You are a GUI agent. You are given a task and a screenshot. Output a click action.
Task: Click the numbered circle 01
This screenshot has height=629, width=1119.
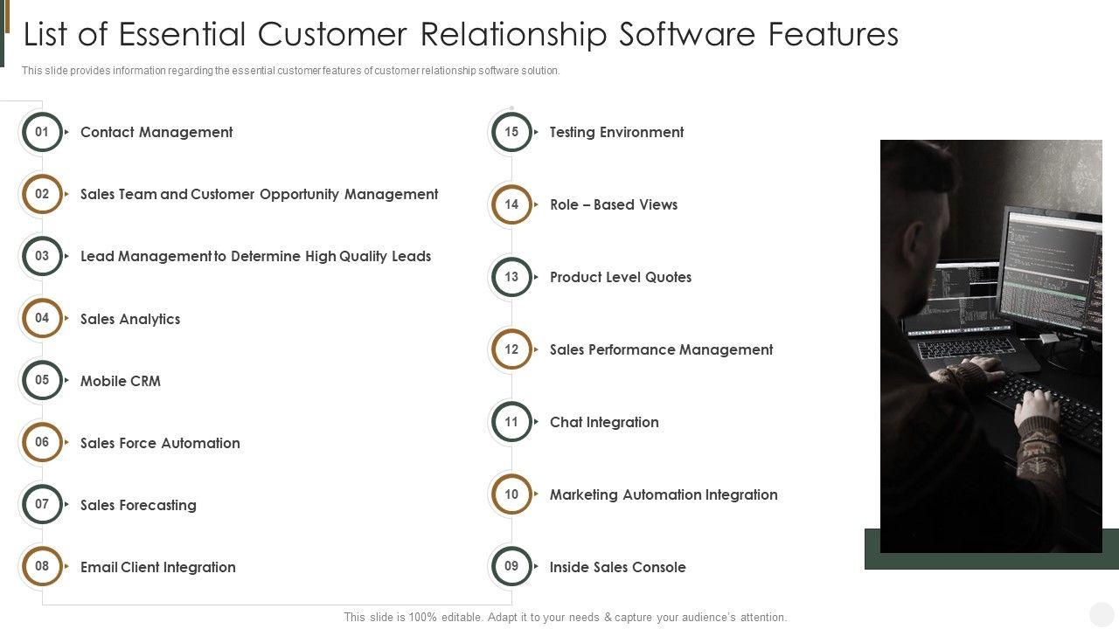[42, 133]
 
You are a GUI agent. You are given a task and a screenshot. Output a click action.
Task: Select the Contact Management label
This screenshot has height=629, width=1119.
[156, 133]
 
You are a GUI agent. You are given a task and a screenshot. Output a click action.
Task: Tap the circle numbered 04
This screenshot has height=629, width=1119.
[42, 319]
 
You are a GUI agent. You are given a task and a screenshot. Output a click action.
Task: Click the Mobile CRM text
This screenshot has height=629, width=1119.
[121, 381]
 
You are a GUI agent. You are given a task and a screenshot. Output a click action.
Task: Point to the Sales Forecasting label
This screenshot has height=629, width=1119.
[138, 505]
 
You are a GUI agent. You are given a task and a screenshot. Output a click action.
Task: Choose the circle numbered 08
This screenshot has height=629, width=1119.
[42, 566]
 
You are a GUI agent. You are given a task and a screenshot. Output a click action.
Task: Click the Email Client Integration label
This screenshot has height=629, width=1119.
[158, 567]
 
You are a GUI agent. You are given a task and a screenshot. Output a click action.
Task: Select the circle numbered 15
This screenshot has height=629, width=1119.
[511, 133]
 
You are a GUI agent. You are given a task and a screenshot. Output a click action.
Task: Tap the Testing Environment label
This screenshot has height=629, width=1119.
[616, 133]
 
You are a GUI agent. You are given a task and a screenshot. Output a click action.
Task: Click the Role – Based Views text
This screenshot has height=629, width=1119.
[614, 205]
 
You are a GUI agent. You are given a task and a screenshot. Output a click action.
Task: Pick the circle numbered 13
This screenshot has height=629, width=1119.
[511, 278]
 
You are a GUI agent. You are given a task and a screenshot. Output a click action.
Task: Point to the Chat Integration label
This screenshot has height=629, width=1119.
[604, 423]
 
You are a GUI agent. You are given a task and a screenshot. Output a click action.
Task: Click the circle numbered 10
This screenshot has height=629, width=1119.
[511, 494]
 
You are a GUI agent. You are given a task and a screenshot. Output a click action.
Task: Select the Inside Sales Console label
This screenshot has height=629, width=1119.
[617, 568]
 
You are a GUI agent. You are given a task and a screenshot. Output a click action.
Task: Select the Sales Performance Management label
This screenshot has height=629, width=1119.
[661, 350]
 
